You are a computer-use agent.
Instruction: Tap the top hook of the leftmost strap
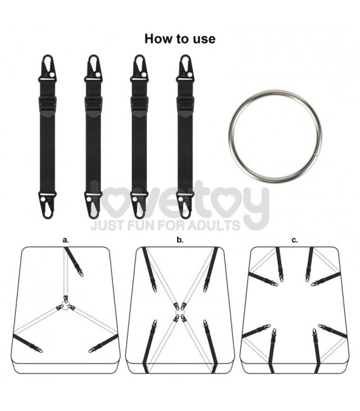tap(48, 68)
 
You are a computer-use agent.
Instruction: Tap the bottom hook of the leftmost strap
tap(48, 205)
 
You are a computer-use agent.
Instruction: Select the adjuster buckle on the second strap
tap(93, 104)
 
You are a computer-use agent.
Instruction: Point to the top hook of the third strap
tap(139, 68)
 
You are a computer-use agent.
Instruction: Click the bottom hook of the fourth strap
tap(185, 205)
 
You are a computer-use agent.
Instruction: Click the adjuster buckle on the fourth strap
tap(185, 104)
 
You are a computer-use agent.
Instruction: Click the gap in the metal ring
tap(316, 155)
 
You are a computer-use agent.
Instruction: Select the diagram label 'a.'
tap(65, 239)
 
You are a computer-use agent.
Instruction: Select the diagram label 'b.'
tap(180, 239)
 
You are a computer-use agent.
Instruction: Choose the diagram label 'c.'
tap(295, 240)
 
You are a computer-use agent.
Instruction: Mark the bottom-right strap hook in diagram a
tap(93, 349)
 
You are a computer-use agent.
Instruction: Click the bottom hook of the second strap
tap(93, 205)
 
